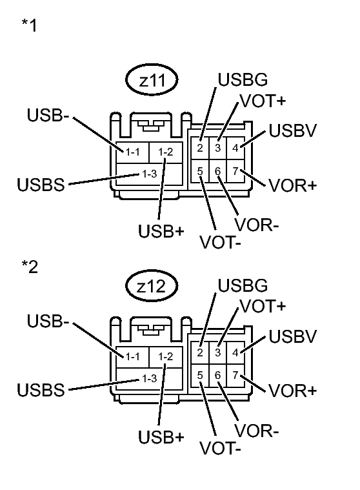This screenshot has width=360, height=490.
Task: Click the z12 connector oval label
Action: click(x=152, y=289)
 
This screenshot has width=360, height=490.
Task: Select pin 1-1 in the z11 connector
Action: click(x=134, y=152)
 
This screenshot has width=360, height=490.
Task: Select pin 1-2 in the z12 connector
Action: click(x=165, y=356)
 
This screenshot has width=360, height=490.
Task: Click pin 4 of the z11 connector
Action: click(x=235, y=148)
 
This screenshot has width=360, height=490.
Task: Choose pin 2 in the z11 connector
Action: click(x=201, y=148)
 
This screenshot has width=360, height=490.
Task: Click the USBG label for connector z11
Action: click(x=243, y=81)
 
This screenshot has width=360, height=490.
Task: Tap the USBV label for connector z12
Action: click(x=292, y=336)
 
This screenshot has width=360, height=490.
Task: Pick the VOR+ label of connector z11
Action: click(x=292, y=186)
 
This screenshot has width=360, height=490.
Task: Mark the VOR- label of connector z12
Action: click(x=257, y=430)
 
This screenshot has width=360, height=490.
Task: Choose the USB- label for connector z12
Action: click(x=49, y=321)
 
